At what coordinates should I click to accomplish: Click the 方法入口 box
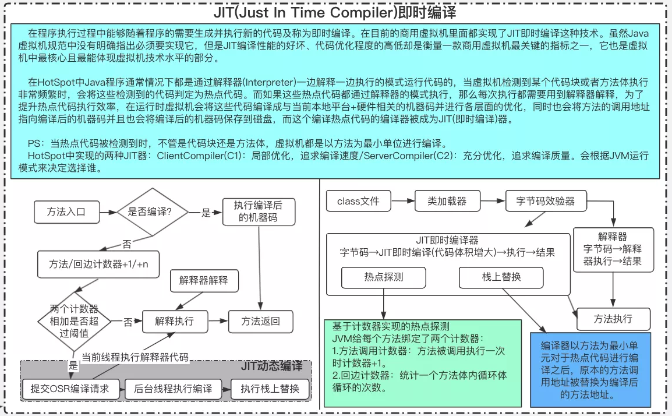point(66,212)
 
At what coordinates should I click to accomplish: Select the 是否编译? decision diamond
point(150,212)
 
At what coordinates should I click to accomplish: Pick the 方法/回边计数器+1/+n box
point(98,263)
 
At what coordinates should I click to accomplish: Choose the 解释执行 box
point(174,320)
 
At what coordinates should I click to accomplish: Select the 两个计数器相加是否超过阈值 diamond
point(74,320)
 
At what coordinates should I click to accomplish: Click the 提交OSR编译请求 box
point(70,389)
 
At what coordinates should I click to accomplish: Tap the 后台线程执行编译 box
point(174,389)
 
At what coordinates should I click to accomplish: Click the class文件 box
point(358,202)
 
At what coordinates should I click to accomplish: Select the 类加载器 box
point(447,202)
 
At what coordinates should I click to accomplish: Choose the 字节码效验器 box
point(545,202)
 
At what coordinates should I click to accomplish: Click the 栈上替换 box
point(501,277)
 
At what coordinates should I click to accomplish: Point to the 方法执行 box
point(613,319)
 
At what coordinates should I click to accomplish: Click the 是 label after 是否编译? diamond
point(206,213)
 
